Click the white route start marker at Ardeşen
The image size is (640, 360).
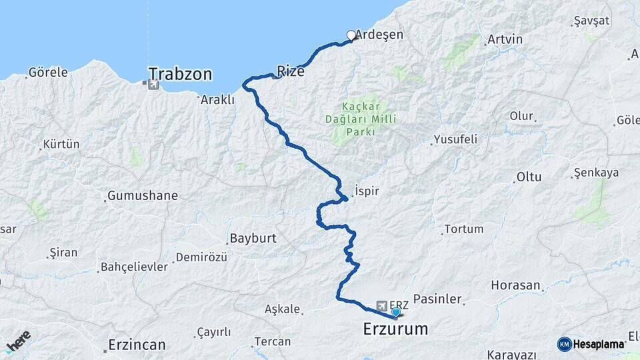(x=351, y=35)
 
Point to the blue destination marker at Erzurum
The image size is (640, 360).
(x=396, y=312)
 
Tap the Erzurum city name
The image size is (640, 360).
(x=396, y=329)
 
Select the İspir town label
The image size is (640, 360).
(x=367, y=191)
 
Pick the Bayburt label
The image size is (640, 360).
(x=253, y=238)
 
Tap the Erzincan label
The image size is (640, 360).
(x=137, y=345)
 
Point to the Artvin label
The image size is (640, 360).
(x=505, y=39)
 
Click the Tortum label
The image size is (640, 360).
(x=464, y=229)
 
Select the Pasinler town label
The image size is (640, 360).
(x=437, y=299)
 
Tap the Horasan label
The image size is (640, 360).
(x=515, y=285)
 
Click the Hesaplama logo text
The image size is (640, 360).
(x=599, y=344)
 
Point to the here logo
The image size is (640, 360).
(x=18, y=341)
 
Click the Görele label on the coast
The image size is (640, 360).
(x=48, y=73)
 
